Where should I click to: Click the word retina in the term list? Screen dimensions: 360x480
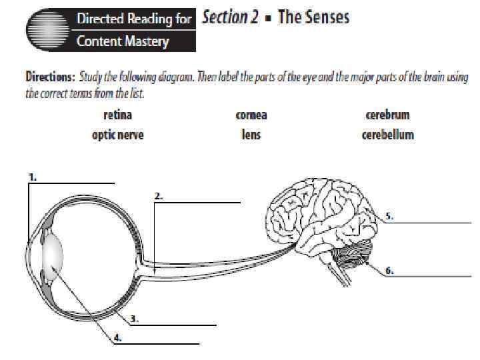[117, 115]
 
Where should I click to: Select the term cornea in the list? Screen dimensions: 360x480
[251, 115]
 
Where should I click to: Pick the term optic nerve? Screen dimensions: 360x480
[117, 135]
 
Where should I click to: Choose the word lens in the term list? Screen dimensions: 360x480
[251, 135]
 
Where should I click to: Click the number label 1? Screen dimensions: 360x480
[33, 177]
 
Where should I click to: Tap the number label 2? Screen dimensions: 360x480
[159, 196]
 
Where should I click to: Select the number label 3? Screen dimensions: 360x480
[134, 319]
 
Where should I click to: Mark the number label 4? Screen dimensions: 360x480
[117, 338]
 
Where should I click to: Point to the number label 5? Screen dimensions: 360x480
[389, 216]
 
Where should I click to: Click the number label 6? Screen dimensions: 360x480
[389, 271]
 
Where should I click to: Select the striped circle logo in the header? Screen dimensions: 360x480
[47, 30]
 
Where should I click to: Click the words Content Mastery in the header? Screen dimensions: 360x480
[123, 41]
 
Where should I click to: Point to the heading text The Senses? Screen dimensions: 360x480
[313, 17]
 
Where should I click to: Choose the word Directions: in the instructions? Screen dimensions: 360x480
[51, 77]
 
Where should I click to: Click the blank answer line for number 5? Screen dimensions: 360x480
[433, 222]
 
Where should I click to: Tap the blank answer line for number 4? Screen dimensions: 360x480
[160, 344]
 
